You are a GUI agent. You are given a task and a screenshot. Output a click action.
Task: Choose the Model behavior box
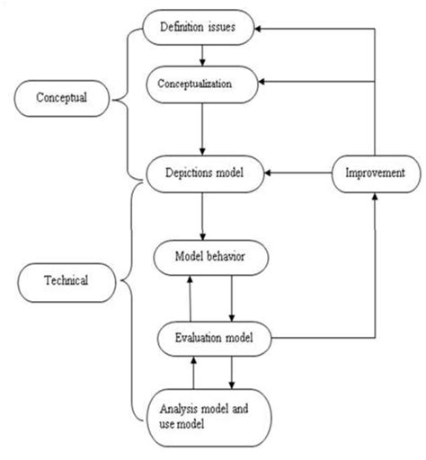[x=211, y=257]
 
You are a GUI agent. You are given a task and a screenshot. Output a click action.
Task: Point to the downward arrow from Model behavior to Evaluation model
[x=232, y=297]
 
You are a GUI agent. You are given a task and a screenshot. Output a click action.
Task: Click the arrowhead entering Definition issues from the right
[x=260, y=28]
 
